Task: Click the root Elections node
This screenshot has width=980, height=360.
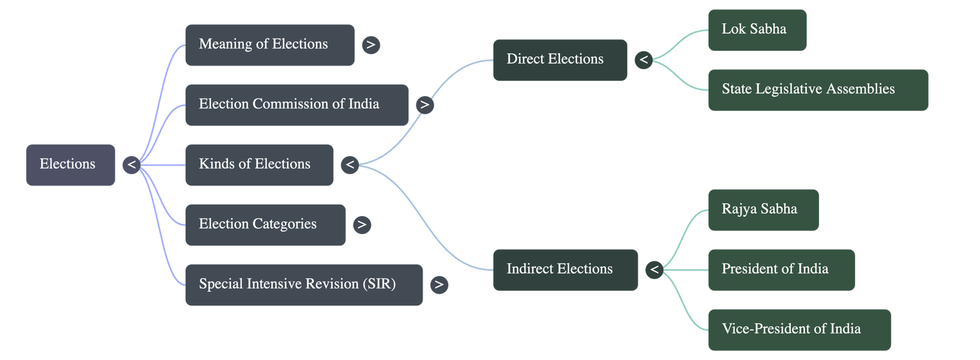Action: click(x=70, y=165)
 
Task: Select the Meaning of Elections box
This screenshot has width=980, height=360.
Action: click(x=270, y=45)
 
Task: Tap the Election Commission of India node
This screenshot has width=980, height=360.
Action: click(x=296, y=105)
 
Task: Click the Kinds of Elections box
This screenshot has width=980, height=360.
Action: click(x=260, y=165)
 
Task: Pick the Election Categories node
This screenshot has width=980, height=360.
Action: click(x=266, y=225)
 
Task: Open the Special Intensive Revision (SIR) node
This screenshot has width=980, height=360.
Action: click(x=304, y=285)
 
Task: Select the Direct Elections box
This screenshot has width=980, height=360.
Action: click(x=560, y=60)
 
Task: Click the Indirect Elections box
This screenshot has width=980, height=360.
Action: click(x=565, y=270)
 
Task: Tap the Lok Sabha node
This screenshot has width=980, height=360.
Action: click(x=757, y=30)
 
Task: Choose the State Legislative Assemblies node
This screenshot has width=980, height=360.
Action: click(x=818, y=90)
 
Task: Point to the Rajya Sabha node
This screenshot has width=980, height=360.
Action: click(x=763, y=210)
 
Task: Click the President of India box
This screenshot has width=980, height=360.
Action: click(x=782, y=270)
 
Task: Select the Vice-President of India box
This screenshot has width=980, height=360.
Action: click(x=799, y=330)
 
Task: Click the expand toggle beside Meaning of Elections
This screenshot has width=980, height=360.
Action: click(x=371, y=45)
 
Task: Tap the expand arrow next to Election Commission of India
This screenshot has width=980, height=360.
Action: click(x=425, y=105)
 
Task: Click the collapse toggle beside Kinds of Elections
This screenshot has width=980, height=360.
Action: click(x=350, y=165)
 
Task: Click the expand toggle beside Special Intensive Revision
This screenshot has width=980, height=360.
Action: click(x=439, y=285)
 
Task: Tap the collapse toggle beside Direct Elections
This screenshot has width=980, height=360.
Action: click(x=644, y=60)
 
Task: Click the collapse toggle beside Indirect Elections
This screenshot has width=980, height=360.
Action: click(x=655, y=270)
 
